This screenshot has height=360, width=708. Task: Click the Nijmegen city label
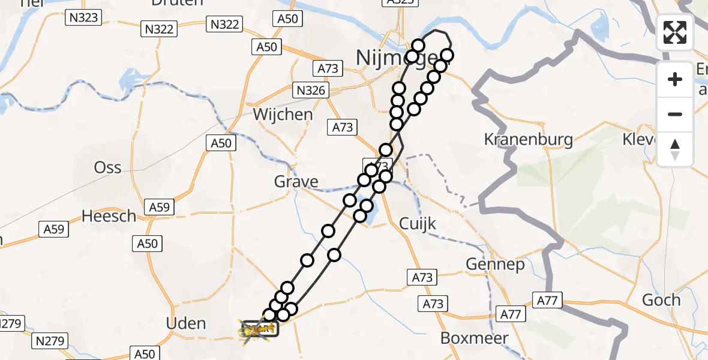pyautogui.click(x=384, y=58)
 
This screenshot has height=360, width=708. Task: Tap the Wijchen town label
pyautogui.click(x=283, y=115)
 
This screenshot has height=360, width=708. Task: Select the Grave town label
pyautogui.click(x=296, y=181)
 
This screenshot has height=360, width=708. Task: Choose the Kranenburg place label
pyautogui.click(x=528, y=140)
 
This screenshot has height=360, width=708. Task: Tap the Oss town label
pyautogui.click(x=108, y=167)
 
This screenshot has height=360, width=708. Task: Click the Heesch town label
pyautogui.click(x=109, y=216)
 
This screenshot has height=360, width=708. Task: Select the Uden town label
pyautogui.click(x=185, y=324)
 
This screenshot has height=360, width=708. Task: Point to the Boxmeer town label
pyautogui.click(x=474, y=338)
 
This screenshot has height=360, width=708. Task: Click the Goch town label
pyautogui.click(x=661, y=299)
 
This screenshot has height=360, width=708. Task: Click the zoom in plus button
pyautogui.click(x=675, y=79)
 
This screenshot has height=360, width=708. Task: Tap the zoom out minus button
pyautogui.click(x=675, y=114)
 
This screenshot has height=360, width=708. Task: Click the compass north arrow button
pyautogui.click(x=675, y=149)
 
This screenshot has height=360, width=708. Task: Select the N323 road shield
pyautogui.click(x=83, y=17)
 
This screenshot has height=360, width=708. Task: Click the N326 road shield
pyautogui.click(x=311, y=91)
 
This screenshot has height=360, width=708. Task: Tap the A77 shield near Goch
pyautogui.click(x=547, y=301)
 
